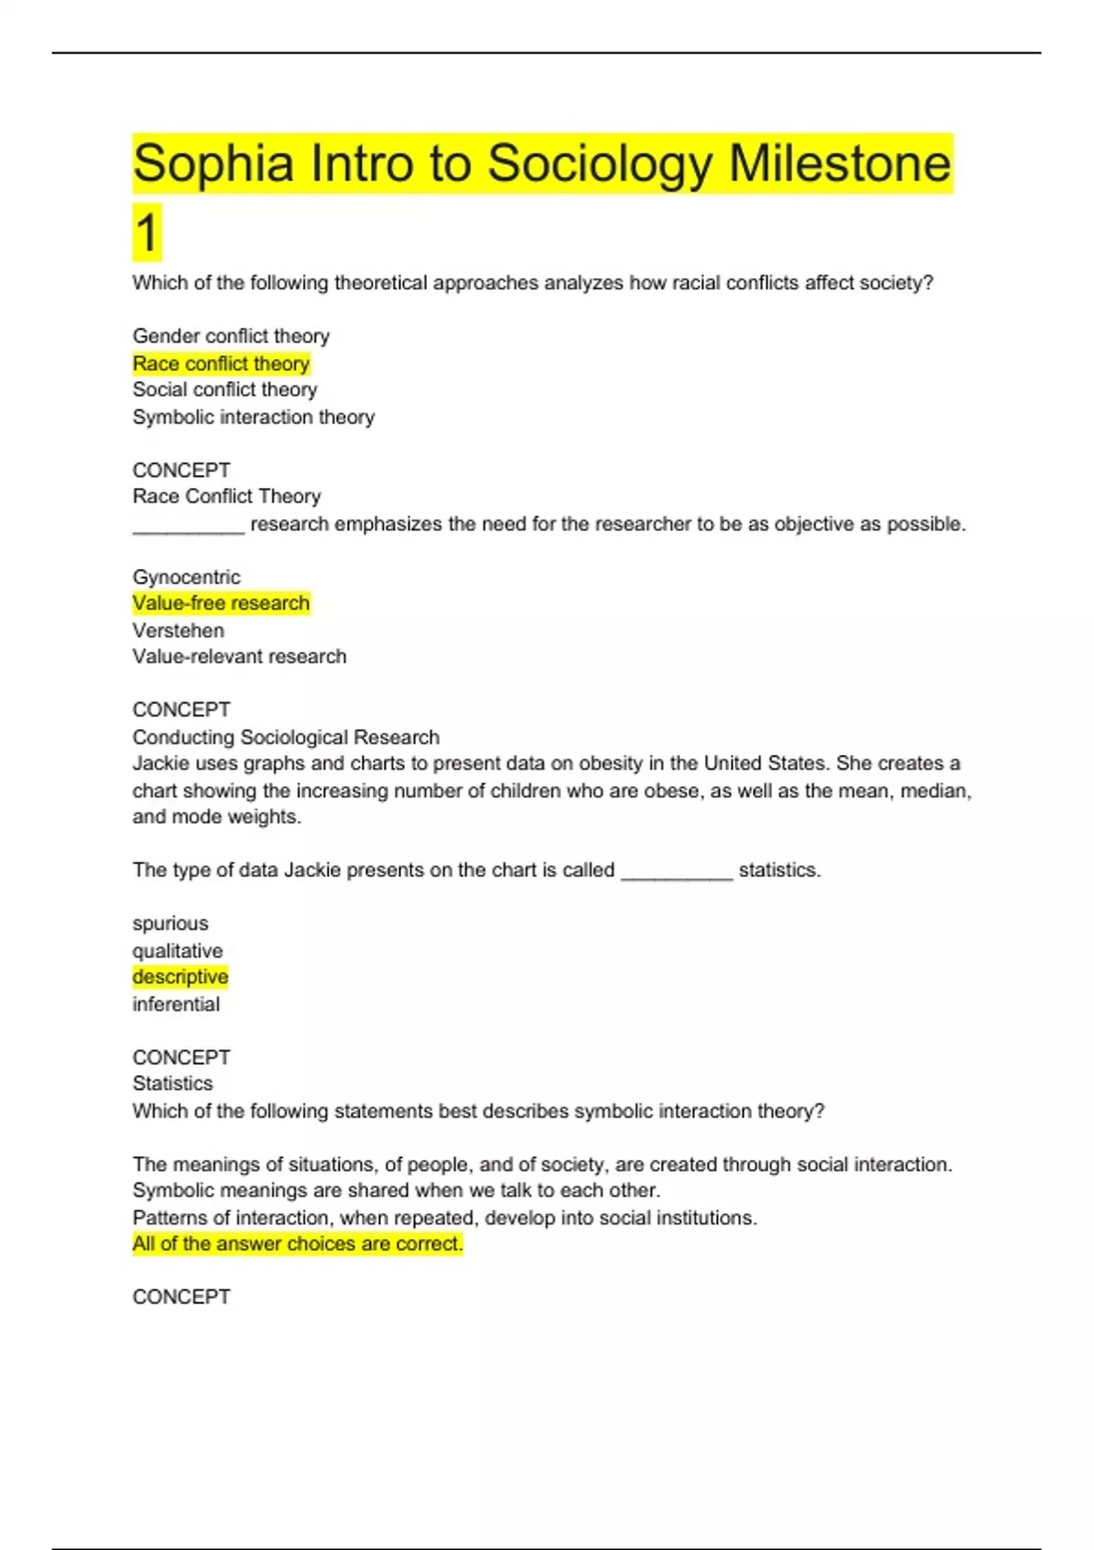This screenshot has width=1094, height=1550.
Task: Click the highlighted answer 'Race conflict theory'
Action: [x=221, y=364]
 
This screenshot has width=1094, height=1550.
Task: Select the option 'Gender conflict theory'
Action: [x=231, y=336]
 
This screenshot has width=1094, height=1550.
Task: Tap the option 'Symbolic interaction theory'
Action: [x=253, y=418]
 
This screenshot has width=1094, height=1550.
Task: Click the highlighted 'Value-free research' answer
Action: [x=221, y=604]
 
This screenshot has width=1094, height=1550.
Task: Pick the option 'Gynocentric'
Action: [x=186, y=577]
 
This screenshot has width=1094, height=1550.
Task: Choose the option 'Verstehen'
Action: [x=178, y=631]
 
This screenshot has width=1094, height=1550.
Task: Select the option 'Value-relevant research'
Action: [x=239, y=656]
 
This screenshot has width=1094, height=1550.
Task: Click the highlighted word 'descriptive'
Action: [x=180, y=977]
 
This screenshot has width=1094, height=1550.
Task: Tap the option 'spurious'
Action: [x=170, y=924]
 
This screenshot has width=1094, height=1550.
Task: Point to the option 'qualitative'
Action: [x=177, y=951]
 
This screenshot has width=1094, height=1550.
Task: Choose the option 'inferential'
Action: [x=176, y=1005]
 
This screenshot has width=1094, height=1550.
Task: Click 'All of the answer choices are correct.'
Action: [x=297, y=1244]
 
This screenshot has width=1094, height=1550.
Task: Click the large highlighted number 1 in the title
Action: [x=146, y=232]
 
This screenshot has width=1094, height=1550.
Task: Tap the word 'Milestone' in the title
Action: [x=839, y=164]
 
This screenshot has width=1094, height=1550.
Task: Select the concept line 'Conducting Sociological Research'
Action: [x=285, y=737]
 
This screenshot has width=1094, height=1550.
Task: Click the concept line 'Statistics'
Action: [x=172, y=1083]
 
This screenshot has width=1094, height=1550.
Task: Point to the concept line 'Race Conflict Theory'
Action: [x=226, y=496]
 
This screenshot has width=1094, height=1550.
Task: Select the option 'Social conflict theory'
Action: [x=224, y=390]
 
